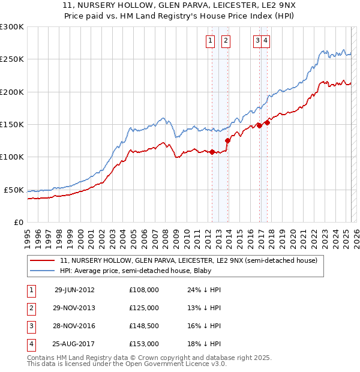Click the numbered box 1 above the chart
[211, 41]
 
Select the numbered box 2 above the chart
[226, 41]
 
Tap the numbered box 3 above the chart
[257, 41]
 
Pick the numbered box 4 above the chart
[265, 41]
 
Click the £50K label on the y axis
[14, 190]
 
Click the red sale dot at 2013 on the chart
[227, 140]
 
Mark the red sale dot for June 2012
[212, 152]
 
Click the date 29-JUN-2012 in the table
[74, 290]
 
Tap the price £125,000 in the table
[144, 308]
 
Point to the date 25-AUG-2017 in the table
[74, 344]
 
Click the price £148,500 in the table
[144, 326]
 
